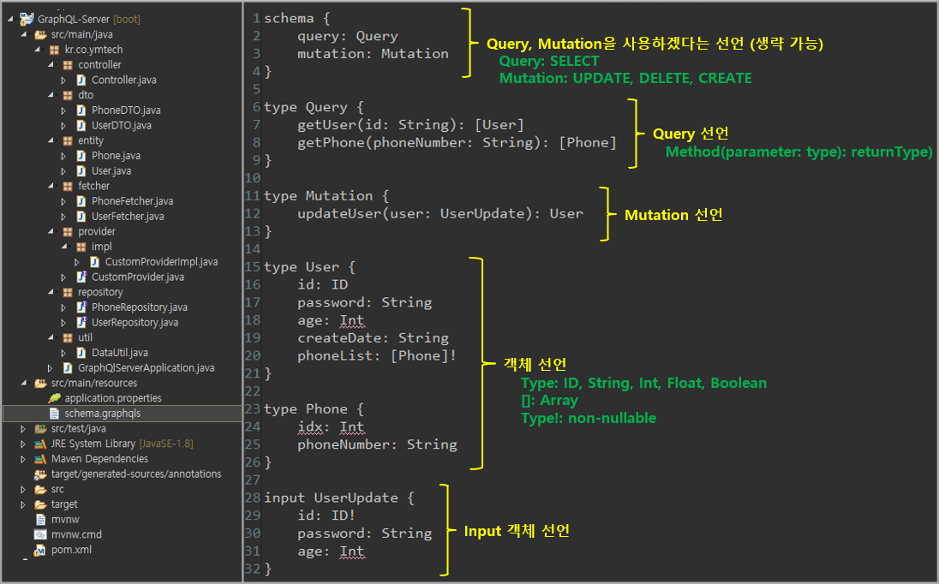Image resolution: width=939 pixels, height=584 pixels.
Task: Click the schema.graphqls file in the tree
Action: (x=102, y=413)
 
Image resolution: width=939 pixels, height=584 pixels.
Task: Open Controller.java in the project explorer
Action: (x=123, y=80)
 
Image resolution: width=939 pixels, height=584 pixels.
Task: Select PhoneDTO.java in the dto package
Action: (x=125, y=110)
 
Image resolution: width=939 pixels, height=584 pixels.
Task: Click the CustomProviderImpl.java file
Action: (x=160, y=262)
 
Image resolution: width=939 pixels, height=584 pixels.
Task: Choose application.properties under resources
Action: (x=112, y=398)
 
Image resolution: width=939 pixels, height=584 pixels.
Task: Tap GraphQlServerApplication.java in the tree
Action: (x=152, y=367)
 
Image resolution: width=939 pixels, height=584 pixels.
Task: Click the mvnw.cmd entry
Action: (x=76, y=534)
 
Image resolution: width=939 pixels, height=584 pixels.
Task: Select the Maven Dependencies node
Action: (x=99, y=459)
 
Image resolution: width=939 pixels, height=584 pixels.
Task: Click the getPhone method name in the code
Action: (x=331, y=142)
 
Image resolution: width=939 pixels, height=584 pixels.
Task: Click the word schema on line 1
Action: (x=289, y=18)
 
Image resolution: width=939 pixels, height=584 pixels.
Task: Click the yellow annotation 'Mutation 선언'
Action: (x=673, y=215)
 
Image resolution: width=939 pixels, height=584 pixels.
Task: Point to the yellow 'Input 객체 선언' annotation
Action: (x=516, y=532)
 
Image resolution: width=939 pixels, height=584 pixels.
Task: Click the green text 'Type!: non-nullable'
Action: (x=588, y=418)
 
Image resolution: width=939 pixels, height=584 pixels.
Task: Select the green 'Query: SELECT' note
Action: (x=549, y=62)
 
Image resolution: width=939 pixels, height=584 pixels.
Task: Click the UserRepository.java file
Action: (x=135, y=323)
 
